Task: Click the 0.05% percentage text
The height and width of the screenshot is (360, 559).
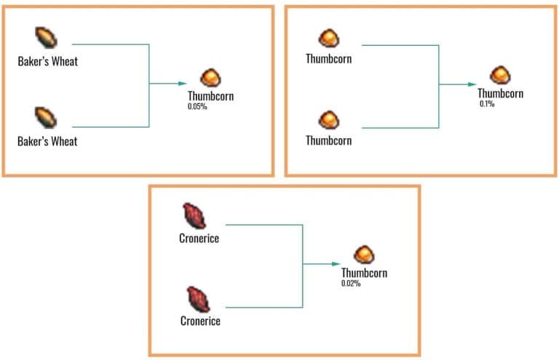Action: pyautogui.click(x=197, y=106)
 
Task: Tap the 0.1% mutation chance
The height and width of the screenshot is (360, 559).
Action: pyautogui.click(x=486, y=104)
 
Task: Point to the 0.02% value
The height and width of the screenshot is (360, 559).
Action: pyautogui.click(x=351, y=283)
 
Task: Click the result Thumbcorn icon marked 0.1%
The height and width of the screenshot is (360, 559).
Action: pyautogui.click(x=500, y=75)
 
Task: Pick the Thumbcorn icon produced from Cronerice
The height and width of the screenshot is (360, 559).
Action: pyautogui.click(x=364, y=255)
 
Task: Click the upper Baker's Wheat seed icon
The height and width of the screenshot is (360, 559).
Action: pyautogui.click(x=46, y=39)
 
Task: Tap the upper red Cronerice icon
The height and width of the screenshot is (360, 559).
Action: pyautogui.click(x=195, y=215)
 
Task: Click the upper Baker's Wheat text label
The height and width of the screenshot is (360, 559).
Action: pyautogui.click(x=47, y=62)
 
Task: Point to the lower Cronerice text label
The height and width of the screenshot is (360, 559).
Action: pyautogui.click(x=199, y=320)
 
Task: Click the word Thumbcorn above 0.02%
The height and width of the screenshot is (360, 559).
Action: pyautogui.click(x=364, y=273)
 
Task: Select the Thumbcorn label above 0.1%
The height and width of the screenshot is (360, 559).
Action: pyautogui.click(x=500, y=94)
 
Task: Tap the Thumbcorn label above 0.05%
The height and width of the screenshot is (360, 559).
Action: pyautogui.click(x=211, y=96)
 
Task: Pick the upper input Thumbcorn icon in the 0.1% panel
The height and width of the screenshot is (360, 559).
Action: pyautogui.click(x=329, y=38)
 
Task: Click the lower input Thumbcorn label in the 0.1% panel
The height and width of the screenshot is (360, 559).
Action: pyautogui.click(x=328, y=140)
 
